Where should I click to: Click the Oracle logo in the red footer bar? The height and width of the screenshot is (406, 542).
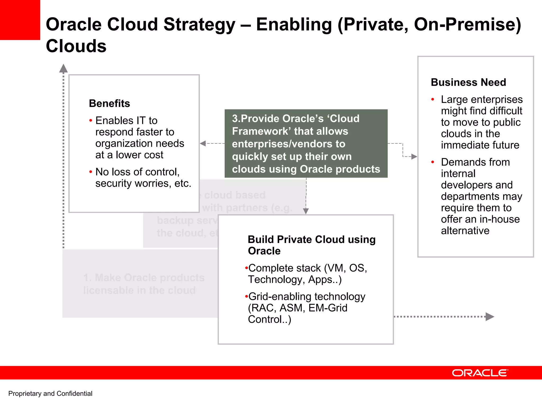tap(480, 373)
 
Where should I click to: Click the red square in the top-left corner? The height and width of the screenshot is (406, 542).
tap(20, 20)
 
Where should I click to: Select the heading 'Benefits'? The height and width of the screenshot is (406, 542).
tap(109, 103)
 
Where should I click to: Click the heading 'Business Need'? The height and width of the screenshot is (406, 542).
tap(468, 82)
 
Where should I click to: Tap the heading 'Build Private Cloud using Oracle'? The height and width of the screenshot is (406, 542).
tap(311, 245)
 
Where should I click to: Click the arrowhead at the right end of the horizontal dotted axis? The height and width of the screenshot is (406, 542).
tap(490, 317)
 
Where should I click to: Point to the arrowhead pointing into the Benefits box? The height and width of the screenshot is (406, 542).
tap(203, 143)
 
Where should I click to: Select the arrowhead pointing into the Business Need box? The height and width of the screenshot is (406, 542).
tap(414, 157)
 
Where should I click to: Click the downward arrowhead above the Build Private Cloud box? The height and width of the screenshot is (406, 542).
tap(306, 211)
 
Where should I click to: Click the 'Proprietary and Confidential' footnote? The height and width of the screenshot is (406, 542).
tap(50, 394)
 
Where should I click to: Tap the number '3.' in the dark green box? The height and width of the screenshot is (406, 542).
tap(236, 119)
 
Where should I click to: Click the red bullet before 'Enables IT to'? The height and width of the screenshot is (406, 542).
tap(91, 121)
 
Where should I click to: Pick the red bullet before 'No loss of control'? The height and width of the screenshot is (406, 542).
tap(91, 172)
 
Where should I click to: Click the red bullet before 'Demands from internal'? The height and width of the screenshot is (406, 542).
tap(433, 162)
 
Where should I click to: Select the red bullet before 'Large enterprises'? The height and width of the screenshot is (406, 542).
tap(433, 100)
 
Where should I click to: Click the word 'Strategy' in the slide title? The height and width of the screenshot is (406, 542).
tap(199, 24)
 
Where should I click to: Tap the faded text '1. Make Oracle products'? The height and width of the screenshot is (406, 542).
tap(144, 278)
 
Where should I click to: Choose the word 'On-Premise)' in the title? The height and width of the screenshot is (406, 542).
tap(467, 24)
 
